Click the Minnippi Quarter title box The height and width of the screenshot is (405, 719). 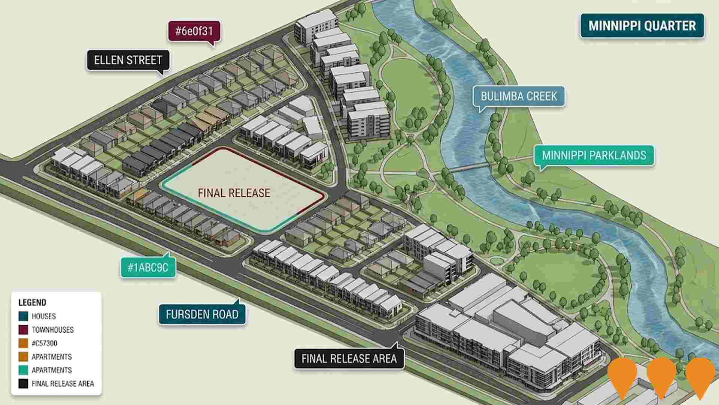642,26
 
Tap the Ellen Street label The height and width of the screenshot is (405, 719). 128,60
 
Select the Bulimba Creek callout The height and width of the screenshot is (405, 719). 519,96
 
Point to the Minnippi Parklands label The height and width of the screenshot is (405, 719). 594,155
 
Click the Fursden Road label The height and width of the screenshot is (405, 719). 202,314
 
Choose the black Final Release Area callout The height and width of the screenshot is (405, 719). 349,358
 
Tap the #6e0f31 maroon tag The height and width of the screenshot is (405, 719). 194,31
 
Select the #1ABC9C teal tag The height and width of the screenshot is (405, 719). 148,268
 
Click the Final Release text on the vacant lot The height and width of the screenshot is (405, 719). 234,193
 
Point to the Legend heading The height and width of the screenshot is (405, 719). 32,303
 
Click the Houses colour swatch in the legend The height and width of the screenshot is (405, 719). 23,316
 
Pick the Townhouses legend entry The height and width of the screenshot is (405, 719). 52,330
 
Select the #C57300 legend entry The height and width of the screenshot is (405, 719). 44,343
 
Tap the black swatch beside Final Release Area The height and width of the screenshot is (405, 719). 23,384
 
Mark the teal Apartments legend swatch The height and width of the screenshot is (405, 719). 23,370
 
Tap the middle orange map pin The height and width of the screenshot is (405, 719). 661,375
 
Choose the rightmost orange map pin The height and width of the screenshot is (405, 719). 700,375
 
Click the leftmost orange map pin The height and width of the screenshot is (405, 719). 622,375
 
